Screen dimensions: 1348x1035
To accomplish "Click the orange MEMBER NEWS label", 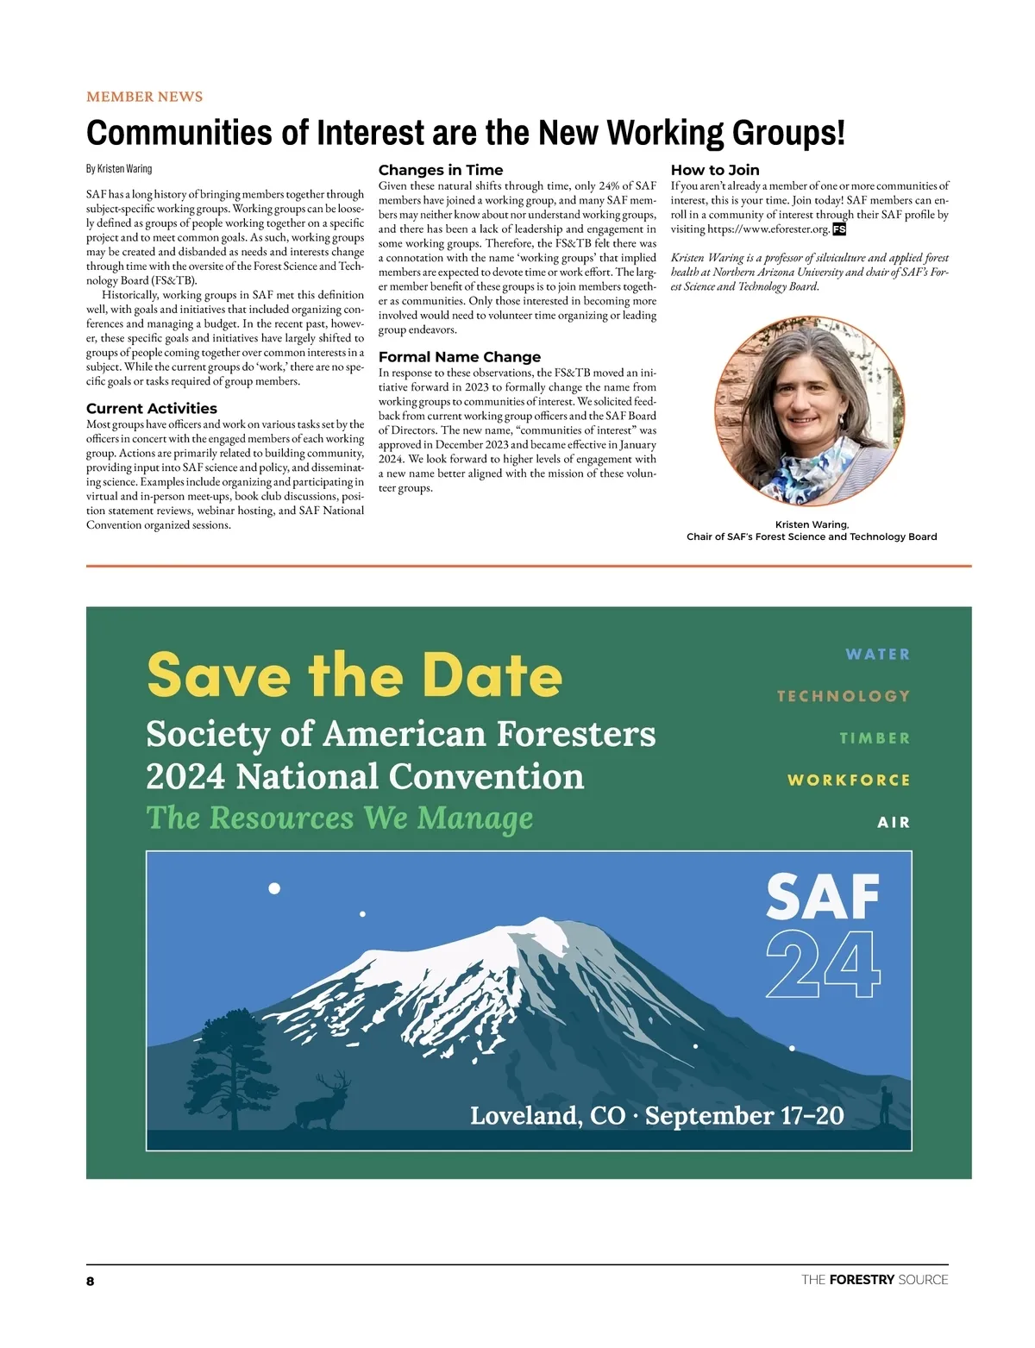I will [x=144, y=97].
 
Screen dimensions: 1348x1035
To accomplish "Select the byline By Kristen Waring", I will [x=119, y=168].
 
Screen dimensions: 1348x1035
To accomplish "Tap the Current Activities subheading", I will [x=152, y=409].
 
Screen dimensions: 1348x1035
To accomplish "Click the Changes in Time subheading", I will [x=440, y=170].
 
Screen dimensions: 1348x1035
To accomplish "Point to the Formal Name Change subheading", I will [x=460, y=357].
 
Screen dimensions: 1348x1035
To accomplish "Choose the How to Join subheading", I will [x=715, y=170].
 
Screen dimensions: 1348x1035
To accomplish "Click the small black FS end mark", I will [x=839, y=229].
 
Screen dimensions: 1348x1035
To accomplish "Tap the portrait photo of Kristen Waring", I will [x=809, y=411].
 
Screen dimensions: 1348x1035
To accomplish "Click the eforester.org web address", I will [x=768, y=229].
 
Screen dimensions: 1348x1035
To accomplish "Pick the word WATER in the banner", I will [x=877, y=655].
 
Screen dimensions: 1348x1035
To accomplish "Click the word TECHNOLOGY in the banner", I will [x=843, y=696].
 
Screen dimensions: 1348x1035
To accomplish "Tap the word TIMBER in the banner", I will [x=875, y=738].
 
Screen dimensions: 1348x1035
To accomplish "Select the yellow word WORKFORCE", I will [x=848, y=780].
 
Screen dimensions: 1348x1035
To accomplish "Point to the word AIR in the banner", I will [x=894, y=822].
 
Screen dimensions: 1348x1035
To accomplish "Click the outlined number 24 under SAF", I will [x=823, y=965].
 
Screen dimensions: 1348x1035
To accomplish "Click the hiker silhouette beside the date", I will [x=885, y=1106].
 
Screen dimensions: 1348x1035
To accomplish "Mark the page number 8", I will [x=91, y=1281].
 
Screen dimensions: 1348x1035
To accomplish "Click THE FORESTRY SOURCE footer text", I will [x=874, y=1280].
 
